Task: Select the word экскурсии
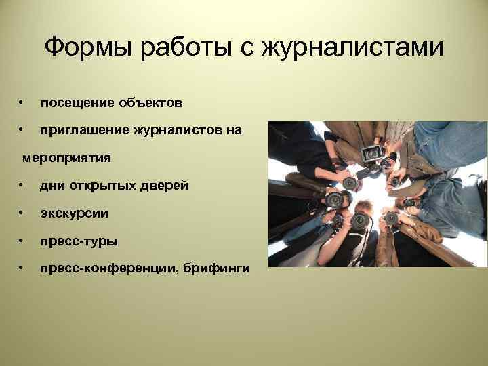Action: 74,214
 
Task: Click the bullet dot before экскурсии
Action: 22,213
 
